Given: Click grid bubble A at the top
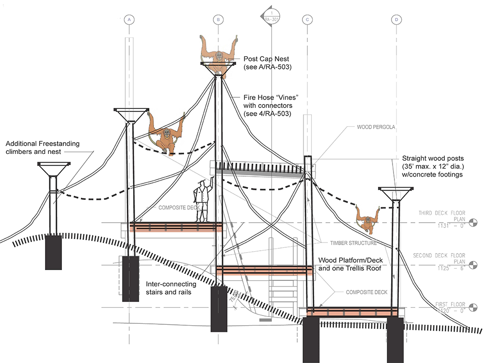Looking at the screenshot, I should tap(129, 19).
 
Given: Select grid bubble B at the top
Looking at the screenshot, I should tap(218, 19).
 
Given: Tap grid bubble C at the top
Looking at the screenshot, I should tap(307, 19).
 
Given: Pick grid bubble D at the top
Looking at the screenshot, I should tap(397, 19).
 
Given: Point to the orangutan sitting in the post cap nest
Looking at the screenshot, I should tap(219, 53).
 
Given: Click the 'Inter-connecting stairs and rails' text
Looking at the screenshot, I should tap(171, 288).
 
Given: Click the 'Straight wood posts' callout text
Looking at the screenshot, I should tap(434, 166).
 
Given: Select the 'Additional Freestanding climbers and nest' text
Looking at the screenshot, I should tap(43, 148).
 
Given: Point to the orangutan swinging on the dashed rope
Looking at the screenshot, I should tap(166, 133).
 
